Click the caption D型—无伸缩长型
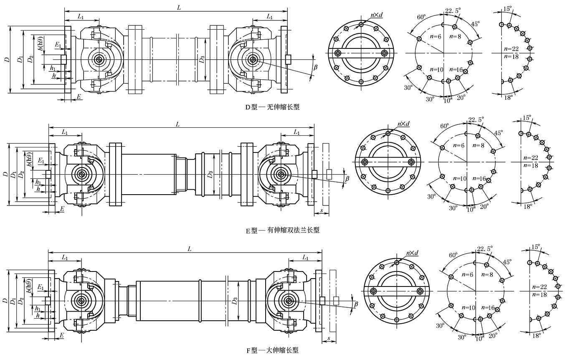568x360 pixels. tap(272, 107)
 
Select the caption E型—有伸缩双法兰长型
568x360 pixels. tap(282, 230)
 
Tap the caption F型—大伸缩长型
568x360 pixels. tap(273, 350)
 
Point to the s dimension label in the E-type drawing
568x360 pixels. tap(322, 210)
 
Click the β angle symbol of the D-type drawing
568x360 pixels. tap(315, 67)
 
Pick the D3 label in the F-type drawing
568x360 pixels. tap(235, 301)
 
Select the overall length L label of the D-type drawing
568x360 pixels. tap(179, 8)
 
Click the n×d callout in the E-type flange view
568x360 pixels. tap(403, 124)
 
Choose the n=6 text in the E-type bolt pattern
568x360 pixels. tap(459, 145)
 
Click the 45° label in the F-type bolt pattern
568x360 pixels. tap(507, 262)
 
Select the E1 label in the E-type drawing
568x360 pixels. tap(41, 160)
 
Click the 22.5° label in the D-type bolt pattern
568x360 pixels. tap(453, 10)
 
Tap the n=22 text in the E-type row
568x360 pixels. tap(531, 158)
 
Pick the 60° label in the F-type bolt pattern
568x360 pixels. tap(453, 255)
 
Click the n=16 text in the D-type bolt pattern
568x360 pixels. tap(456, 69)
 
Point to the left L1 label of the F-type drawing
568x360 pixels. tap(65, 258)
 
